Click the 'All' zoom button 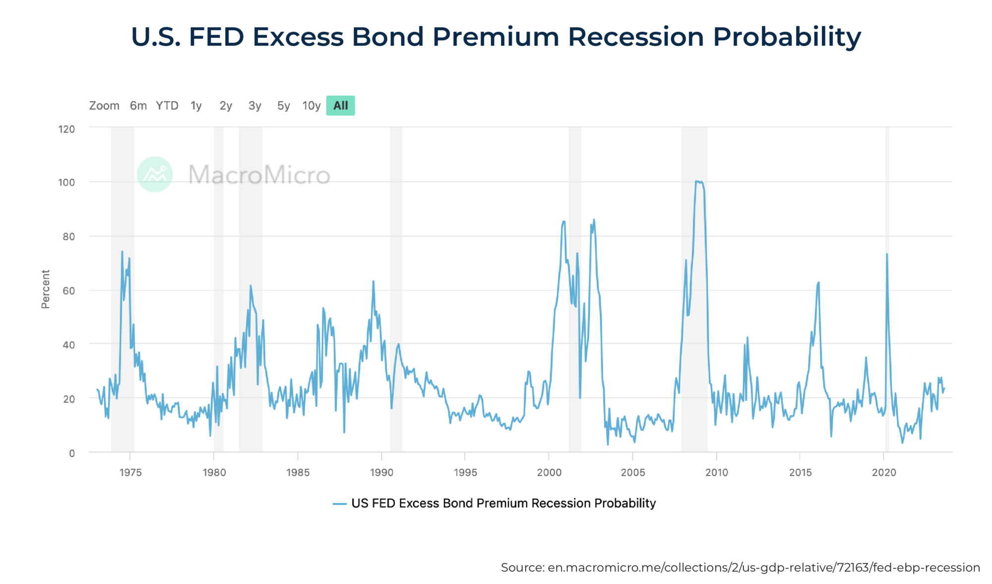(340, 106)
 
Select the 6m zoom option (138, 106)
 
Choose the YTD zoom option (167, 106)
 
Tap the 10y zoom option (311, 106)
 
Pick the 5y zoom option (283, 106)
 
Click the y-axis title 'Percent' (46, 289)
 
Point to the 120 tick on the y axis (66, 130)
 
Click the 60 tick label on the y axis (69, 291)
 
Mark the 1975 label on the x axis (130, 472)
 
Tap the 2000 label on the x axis (549, 472)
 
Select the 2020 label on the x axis (884, 472)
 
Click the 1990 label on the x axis (381, 472)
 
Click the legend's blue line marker (339, 504)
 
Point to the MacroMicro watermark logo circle (155, 174)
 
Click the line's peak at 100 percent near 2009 (697, 182)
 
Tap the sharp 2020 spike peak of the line (887, 255)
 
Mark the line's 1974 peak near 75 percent (122, 252)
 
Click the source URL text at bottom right (740, 567)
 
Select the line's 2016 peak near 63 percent (818, 283)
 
